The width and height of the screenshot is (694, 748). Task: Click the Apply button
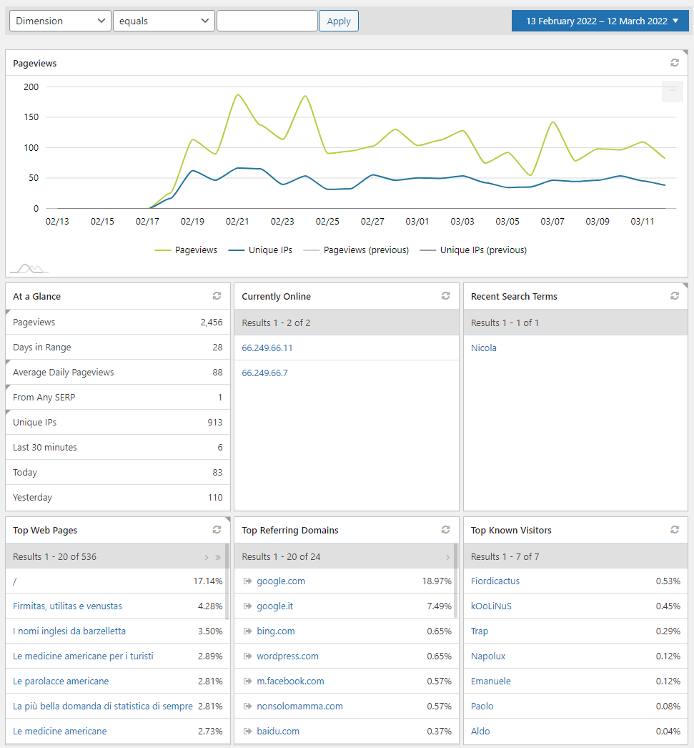pos(338,21)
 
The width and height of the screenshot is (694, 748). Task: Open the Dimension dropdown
pos(60,21)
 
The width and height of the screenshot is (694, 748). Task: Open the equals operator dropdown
pos(164,21)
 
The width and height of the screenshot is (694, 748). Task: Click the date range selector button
pos(600,21)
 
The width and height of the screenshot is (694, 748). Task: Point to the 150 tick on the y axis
pos(31,117)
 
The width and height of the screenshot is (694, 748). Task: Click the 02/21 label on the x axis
pos(237,222)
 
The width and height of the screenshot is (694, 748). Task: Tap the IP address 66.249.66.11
pos(267,348)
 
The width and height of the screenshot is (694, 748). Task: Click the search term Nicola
pos(484,348)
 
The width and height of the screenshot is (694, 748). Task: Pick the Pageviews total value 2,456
pos(211,323)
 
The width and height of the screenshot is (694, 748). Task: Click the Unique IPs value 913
pos(214,423)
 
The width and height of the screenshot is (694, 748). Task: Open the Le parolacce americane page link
pos(61,681)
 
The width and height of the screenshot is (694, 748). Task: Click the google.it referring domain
pos(275,606)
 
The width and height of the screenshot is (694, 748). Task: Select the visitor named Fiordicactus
pos(495,581)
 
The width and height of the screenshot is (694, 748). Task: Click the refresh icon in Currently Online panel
pos(446,296)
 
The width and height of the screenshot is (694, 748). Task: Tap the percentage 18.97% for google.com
pos(436,581)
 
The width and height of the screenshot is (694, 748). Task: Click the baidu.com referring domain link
pos(278,732)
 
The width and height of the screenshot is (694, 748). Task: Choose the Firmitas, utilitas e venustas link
pos(67,606)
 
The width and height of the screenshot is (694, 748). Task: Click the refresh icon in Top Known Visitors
pos(675,530)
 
